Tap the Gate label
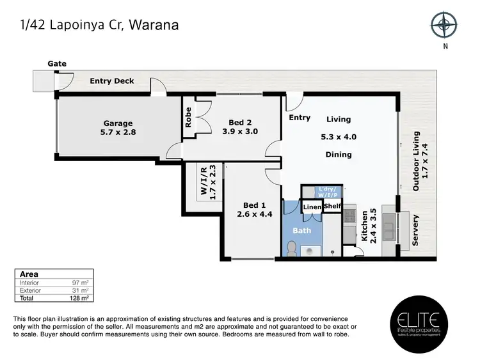point(56,64)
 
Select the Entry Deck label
point(112,81)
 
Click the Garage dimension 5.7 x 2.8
point(119,133)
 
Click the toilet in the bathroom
point(292,247)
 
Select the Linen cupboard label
point(312,207)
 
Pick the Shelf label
point(332,207)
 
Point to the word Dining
point(339,155)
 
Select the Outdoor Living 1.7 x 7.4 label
point(420,161)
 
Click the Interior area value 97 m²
point(81,282)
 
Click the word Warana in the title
point(154,26)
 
